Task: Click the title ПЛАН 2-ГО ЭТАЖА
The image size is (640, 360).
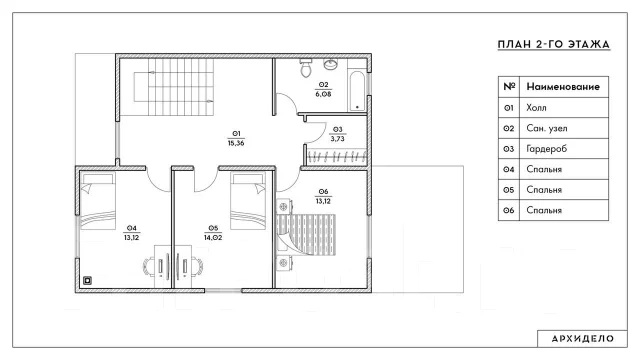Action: pyautogui.click(x=553, y=44)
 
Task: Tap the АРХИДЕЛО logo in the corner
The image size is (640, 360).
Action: pyautogui.click(x=583, y=338)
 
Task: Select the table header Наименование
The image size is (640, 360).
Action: pyautogui.click(x=563, y=87)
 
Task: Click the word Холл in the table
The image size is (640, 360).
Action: pyautogui.click(x=536, y=108)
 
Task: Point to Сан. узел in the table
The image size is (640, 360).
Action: pyautogui.click(x=547, y=128)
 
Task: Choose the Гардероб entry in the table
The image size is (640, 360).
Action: pyautogui.click(x=547, y=149)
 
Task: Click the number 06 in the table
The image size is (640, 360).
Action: pyautogui.click(x=509, y=210)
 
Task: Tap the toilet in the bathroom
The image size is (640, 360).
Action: pyautogui.click(x=306, y=67)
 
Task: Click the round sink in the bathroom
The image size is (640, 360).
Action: pyautogui.click(x=331, y=64)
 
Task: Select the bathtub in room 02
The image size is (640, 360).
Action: pyautogui.click(x=357, y=91)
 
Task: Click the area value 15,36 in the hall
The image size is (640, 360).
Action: pyautogui.click(x=236, y=143)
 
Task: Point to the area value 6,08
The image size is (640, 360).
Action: pyautogui.click(x=323, y=94)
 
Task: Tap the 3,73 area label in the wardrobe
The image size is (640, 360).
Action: pyautogui.click(x=338, y=139)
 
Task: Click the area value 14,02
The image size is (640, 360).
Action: pyautogui.click(x=213, y=238)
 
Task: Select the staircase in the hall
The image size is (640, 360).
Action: pyautogui.click(x=174, y=87)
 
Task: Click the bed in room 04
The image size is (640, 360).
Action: pyautogui.click(x=98, y=200)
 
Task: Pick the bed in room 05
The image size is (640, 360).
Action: pyautogui.click(x=248, y=200)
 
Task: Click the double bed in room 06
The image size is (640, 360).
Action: pyautogui.click(x=306, y=235)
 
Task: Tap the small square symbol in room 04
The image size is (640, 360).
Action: pyautogui.click(x=87, y=280)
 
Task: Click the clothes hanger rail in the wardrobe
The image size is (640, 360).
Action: pyautogui.click(x=336, y=157)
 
